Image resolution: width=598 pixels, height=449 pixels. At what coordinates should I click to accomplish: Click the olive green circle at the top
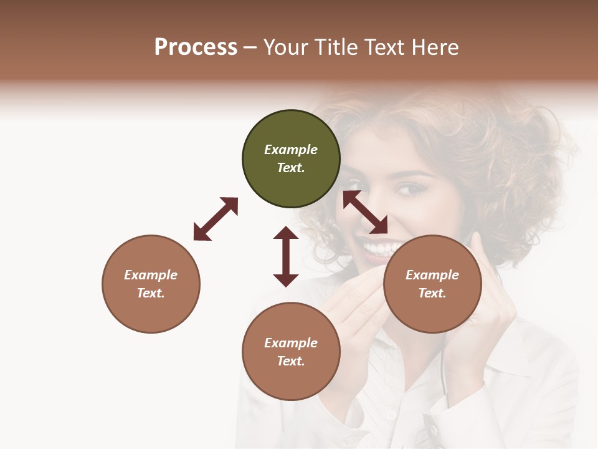tap(291, 159)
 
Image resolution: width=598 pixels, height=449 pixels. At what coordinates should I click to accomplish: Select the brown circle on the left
tap(151, 284)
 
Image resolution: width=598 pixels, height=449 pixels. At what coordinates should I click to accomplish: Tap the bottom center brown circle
tap(291, 352)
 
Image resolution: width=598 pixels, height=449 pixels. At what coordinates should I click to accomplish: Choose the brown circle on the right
tap(432, 284)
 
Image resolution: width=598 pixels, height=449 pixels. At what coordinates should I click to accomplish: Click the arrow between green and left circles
tap(216, 219)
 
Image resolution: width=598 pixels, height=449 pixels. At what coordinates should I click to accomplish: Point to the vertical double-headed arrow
tap(286, 257)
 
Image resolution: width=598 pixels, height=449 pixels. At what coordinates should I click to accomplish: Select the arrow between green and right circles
tap(365, 212)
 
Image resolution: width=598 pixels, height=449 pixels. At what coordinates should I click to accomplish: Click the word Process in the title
tap(196, 47)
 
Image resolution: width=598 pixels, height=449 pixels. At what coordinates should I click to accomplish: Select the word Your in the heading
tap(286, 47)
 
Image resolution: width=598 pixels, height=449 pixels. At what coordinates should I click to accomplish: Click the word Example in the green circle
tap(291, 150)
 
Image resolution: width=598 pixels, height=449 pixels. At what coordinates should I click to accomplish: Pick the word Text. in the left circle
tap(151, 293)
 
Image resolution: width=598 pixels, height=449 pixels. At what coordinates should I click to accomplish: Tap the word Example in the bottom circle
tap(291, 343)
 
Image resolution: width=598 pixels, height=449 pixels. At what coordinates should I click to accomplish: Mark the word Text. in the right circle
tap(432, 293)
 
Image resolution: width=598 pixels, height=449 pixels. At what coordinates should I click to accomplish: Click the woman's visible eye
tap(412, 188)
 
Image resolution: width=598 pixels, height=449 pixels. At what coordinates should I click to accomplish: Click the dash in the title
tap(250, 47)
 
